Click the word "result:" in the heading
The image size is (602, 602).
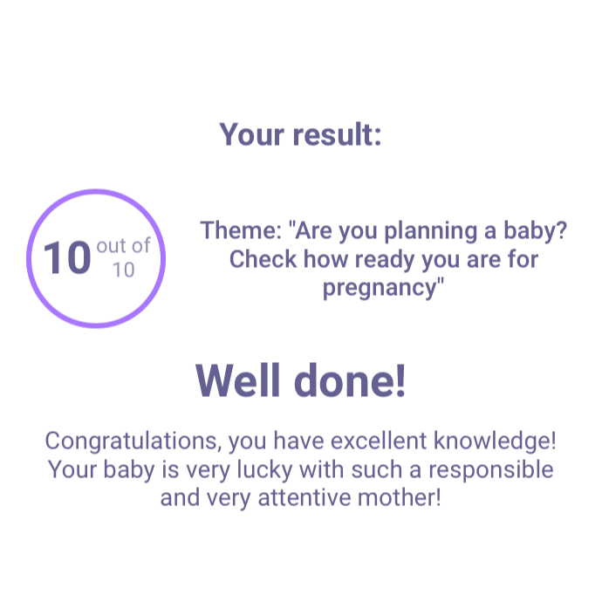tap(337, 134)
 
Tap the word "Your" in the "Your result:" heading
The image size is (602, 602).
tap(252, 134)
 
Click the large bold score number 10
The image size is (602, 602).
tap(67, 257)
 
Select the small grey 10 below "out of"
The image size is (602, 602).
tap(124, 270)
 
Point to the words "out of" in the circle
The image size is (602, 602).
tap(123, 246)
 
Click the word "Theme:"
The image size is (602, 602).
tap(241, 230)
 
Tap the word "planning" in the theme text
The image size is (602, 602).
tap(431, 232)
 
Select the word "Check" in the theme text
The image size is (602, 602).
tap(263, 259)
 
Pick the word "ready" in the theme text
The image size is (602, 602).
tap(385, 261)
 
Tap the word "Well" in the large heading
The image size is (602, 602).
tap(237, 380)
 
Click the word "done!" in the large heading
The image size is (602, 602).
tap(350, 380)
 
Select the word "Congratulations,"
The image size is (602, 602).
tap(133, 441)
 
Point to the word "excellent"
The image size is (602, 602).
tap(379, 441)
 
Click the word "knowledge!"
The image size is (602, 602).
tap(495, 441)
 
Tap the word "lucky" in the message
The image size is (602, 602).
tap(264, 470)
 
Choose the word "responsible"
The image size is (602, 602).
tap(491, 470)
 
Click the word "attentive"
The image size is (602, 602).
tap(304, 497)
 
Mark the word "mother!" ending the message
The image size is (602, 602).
tap(400, 497)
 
